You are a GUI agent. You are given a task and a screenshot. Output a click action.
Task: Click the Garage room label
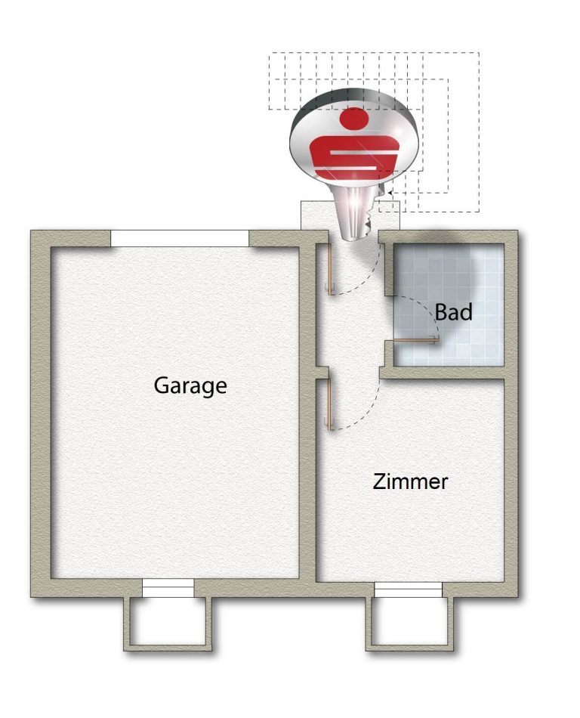click(x=190, y=386)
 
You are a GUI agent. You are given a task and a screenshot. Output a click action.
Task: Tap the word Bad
click(x=453, y=312)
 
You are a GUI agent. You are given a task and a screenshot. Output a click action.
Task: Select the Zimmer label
click(x=410, y=481)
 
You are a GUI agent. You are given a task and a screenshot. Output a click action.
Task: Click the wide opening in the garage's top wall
click(x=180, y=239)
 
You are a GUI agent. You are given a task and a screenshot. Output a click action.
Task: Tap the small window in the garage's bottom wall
click(x=168, y=588)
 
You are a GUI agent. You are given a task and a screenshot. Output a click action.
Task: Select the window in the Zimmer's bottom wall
click(x=408, y=590)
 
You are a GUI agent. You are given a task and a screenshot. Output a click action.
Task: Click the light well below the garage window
click(x=168, y=624)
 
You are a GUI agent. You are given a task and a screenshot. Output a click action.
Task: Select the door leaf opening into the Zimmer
click(x=329, y=404)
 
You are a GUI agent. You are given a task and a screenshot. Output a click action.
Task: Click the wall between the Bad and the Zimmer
click(x=449, y=373)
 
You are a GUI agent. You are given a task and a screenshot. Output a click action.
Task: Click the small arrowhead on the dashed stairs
click(x=389, y=193)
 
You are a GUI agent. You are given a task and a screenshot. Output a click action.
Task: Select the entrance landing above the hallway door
click(x=350, y=215)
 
